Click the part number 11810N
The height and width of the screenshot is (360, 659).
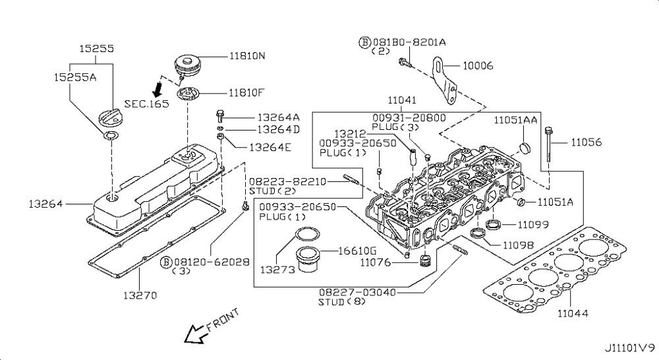(x=247, y=56)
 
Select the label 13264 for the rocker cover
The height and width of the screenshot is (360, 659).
(x=45, y=204)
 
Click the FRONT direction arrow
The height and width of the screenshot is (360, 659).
(x=195, y=334)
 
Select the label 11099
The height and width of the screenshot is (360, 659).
(x=532, y=225)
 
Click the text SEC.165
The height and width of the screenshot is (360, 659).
(x=146, y=104)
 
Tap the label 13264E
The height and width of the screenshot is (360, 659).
(x=270, y=147)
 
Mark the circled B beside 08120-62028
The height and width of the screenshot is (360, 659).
(x=167, y=261)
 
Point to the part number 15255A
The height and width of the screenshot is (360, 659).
(x=75, y=77)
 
